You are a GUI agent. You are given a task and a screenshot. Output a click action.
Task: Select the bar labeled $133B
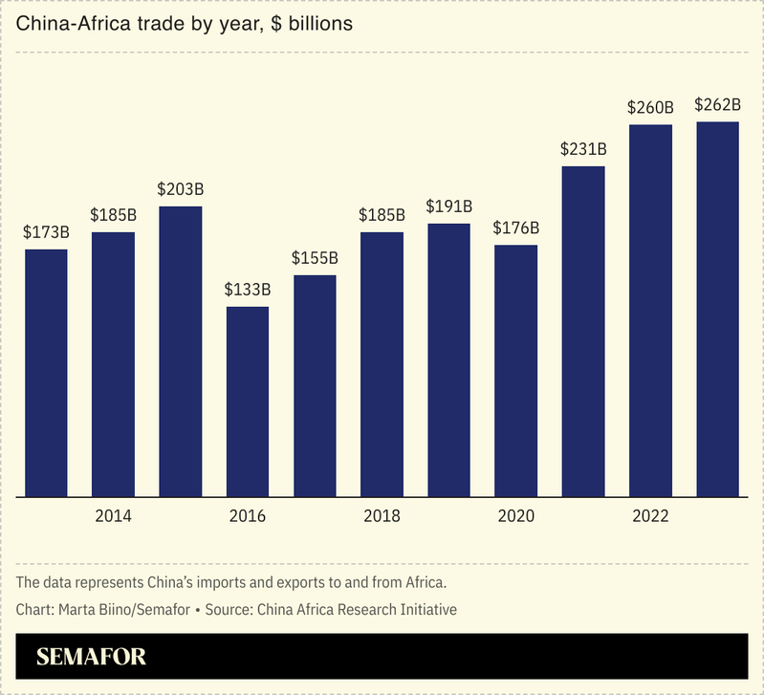[x=248, y=402]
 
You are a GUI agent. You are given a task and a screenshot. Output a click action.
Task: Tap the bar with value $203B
[x=181, y=351]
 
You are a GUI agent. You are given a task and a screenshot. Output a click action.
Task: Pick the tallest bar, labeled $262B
[x=717, y=309]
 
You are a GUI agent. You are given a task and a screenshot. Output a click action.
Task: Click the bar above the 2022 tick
[x=650, y=311]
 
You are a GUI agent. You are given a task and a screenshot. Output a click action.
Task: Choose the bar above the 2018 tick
[x=382, y=364]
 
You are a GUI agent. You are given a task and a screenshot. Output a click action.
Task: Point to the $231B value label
[x=583, y=149]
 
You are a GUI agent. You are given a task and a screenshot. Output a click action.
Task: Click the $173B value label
[x=46, y=232]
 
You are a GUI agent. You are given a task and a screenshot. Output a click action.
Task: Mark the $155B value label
[x=315, y=258]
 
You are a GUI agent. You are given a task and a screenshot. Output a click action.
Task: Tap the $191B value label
[x=448, y=206]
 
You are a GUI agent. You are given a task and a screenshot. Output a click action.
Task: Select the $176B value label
[x=516, y=228]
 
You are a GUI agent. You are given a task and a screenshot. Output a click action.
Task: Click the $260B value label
[x=650, y=108]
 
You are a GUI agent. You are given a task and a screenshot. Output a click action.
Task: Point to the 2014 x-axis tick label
[x=113, y=516]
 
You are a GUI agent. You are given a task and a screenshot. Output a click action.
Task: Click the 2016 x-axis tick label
[x=248, y=516]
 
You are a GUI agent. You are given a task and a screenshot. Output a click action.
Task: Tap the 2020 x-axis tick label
[x=516, y=516]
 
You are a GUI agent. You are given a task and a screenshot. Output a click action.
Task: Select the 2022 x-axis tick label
[x=650, y=516]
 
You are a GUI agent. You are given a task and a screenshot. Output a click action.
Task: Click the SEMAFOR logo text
[x=91, y=658]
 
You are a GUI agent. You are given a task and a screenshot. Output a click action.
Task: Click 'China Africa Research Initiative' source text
[x=352, y=609]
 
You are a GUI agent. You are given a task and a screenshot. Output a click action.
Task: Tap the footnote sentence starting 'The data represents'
[x=231, y=582]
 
